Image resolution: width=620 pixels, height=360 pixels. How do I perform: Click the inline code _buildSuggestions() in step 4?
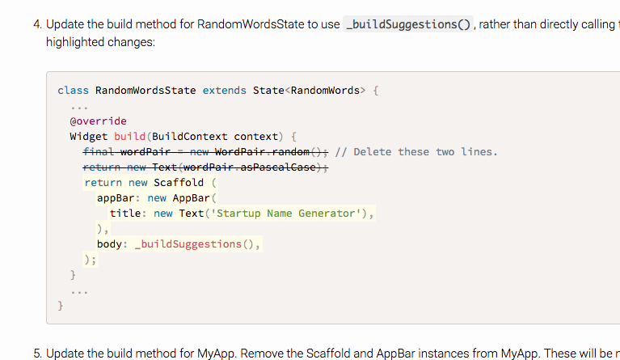(x=408, y=24)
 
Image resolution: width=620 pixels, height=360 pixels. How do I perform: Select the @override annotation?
(x=98, y=121)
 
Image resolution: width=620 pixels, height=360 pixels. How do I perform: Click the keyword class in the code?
(x=73, y=91)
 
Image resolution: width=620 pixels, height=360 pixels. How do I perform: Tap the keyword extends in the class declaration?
(x=224, y=91)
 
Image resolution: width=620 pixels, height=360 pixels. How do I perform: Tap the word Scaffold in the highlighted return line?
(x=179, y=183)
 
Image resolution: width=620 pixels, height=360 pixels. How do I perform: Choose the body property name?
(x=110, y=244)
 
